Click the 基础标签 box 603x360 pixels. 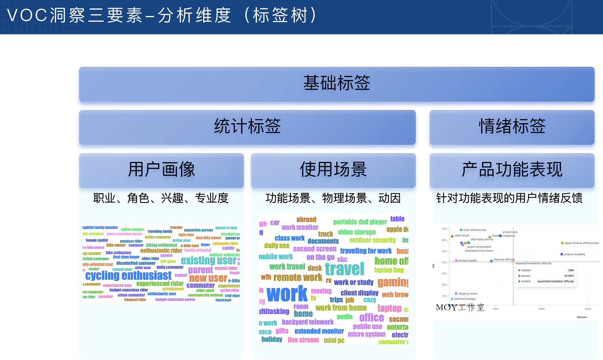coord(336,84)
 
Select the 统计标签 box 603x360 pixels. coord(247,127)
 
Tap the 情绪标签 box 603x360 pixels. coord(512,127)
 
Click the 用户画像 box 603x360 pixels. coord(161,170)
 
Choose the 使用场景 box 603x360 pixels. coord(333,170)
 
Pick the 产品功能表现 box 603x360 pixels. coord(512,170)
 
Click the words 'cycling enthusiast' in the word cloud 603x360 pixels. coord(128,276)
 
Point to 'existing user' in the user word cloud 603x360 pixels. coord(208,260)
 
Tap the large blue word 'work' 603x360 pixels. coord(287,294)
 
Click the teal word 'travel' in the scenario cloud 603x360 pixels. coord(344,269)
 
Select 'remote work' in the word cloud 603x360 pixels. coord(298,277)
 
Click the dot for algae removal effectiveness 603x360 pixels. coord(562,243)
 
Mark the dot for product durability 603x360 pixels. coord(562,254)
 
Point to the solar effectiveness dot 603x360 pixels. coord(461,230)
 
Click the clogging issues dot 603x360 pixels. coord(456,293)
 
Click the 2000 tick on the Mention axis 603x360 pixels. coord(542,309)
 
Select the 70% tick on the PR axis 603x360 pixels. coord(445,229)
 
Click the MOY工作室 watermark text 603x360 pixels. coord(460,307)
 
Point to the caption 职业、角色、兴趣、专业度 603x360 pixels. coord(161,198)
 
